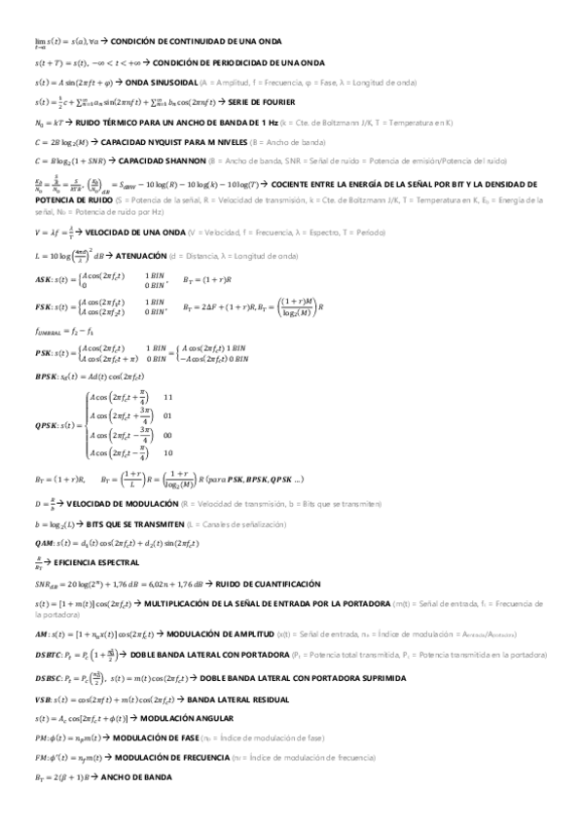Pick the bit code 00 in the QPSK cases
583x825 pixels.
click(x=168, y=435)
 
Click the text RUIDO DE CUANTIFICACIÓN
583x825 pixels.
click(x=268, y=583)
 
